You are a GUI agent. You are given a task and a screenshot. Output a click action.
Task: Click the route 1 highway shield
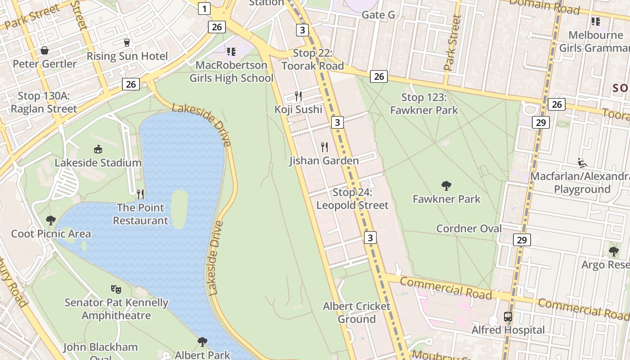(x=205, y=8)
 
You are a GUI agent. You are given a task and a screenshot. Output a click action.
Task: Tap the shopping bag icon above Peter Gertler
(x=45, y=50)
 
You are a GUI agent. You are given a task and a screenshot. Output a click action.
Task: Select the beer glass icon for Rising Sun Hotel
(x=127, y=43)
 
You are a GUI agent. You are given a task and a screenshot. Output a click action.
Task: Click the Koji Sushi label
(x=298, y=109)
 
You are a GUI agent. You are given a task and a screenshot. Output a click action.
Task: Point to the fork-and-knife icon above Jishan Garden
(x=324, y=147)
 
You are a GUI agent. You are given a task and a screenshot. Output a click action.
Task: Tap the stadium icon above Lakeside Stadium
(x=98, y=149)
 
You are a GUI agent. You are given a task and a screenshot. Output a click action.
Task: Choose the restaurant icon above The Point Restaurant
(x=140, y=194)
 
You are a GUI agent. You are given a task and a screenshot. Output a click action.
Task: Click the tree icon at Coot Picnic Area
(x=51, y=220)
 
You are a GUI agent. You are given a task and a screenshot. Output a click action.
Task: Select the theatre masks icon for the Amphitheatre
(x=116, y=289)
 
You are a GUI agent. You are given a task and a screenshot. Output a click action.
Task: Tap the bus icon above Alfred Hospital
(x=508, y=317)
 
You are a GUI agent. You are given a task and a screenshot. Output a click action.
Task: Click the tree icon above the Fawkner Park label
(x=446, y=185)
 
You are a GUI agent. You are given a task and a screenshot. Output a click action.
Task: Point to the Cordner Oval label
(x=469, y=229)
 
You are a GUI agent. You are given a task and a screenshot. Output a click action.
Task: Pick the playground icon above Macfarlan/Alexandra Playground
(x=582, y=162)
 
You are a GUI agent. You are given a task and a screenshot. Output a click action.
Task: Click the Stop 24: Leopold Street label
(x=352, y=199)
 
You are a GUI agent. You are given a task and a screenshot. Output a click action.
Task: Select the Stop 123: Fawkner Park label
(x=424, y=103)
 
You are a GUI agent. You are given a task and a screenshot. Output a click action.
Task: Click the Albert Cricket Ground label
(x=356, y=313)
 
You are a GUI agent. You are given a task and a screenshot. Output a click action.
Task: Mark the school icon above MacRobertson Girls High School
(x=231, y=52)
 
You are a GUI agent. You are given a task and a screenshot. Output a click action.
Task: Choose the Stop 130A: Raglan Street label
(x=44, y=102)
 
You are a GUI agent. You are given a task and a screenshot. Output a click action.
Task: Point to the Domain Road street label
(x=544, y=6)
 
